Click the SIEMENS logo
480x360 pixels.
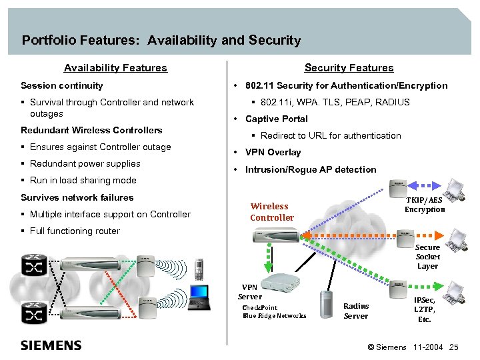click(x=51, y=345)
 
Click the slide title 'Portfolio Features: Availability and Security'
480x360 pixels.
click(x=161, y=41)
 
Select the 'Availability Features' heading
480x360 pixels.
click(x=115, y=68)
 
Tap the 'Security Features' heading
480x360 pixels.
click(x=349, y=68)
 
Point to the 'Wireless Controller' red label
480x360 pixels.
click(x=271, y=212)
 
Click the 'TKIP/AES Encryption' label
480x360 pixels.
click(x=425, y=205)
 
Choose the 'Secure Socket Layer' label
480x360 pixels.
click(x=427, y=257)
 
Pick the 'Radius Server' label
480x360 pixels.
click(x=356, y=311)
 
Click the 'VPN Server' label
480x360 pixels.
click(x=250, y=292)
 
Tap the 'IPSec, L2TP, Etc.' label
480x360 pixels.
click(x=425, y=309)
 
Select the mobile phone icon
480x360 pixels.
click(x=198, y=269)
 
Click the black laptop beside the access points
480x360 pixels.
click(x=199, y=297)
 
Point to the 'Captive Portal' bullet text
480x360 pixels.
click(x=276, y=119)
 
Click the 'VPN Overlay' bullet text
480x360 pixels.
click(x=273, y=152)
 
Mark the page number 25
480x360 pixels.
click(x=454, y=347)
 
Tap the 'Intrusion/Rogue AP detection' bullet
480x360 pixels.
click(x=311, y=169)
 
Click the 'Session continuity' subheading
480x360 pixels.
click(x=62, y=85)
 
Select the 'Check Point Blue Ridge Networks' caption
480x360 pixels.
click(x=274, y=311)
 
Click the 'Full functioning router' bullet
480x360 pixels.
click(x=75, y=231)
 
